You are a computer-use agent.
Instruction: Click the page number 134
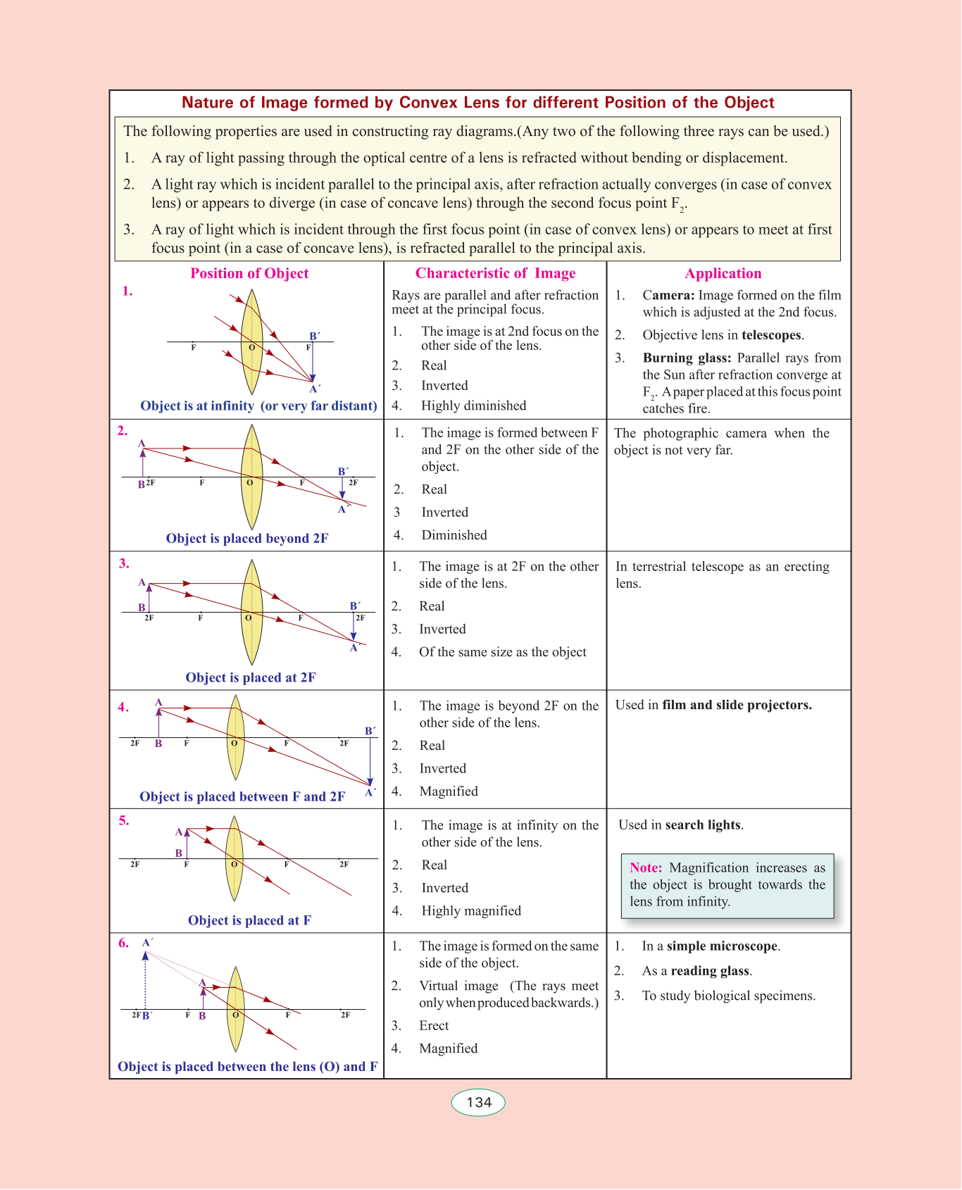pos(479,1103)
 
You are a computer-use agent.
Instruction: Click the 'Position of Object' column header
pos(249,274)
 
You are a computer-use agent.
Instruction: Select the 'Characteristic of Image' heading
pos(495,274)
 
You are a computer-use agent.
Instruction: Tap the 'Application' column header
pos(723,274)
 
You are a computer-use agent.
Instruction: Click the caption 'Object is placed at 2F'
pos(251,677)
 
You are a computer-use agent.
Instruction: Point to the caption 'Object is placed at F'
pos(249,920)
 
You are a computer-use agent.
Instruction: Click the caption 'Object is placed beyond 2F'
pos(247,539)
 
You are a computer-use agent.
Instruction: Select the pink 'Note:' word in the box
pos(646,868)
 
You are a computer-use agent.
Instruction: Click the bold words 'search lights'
pos(703,825)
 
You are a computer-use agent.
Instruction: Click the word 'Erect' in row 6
pos(434,1026)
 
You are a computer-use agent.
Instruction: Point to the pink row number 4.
pos(123,708)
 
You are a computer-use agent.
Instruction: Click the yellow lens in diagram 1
pos(251,342)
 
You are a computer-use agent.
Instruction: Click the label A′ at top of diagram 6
pos(148,943)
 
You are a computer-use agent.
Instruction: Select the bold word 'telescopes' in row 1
pos(771,335)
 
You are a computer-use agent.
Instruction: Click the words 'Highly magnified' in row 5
pos(471,911)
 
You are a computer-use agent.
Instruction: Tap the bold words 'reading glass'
pos(710,972)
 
